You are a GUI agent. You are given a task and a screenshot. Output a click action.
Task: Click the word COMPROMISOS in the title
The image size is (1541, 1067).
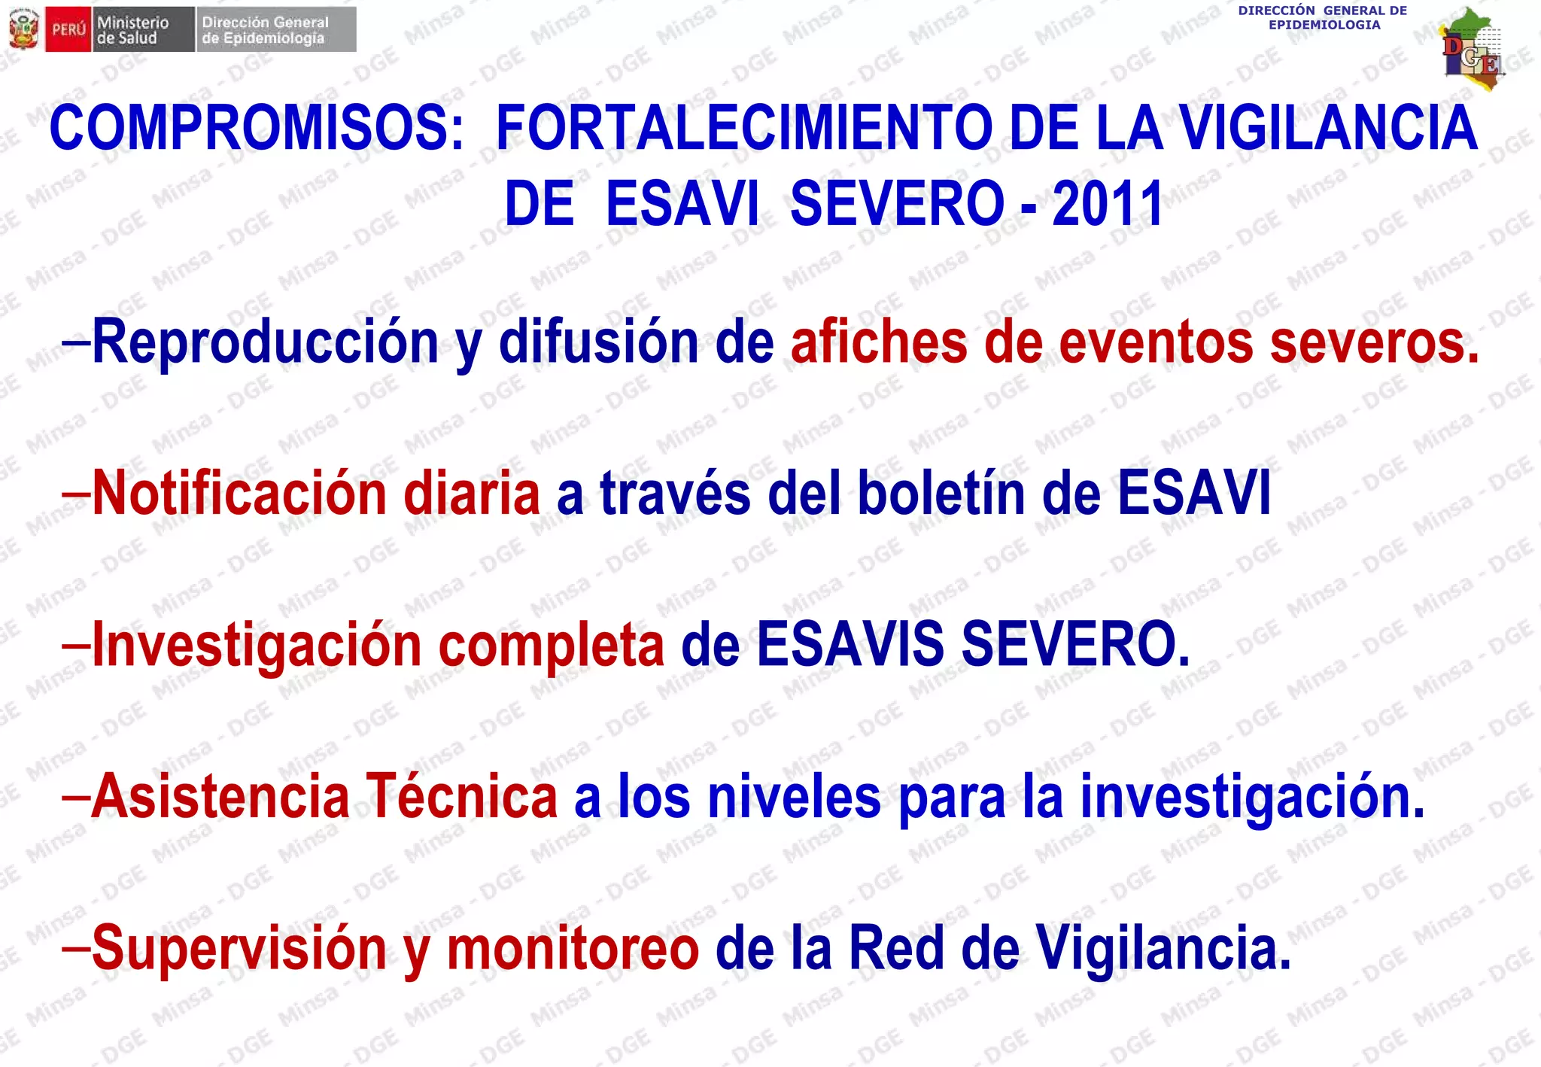256,128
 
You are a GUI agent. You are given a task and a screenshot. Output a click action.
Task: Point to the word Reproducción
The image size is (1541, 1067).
265,343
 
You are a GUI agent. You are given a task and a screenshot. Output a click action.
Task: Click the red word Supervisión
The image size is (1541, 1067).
239,948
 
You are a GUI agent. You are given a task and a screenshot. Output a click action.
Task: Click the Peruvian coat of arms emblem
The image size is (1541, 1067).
23,30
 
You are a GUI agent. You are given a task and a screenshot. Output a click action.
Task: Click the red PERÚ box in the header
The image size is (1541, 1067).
68,30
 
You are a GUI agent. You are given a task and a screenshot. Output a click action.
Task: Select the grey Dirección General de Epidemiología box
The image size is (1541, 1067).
276,30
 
